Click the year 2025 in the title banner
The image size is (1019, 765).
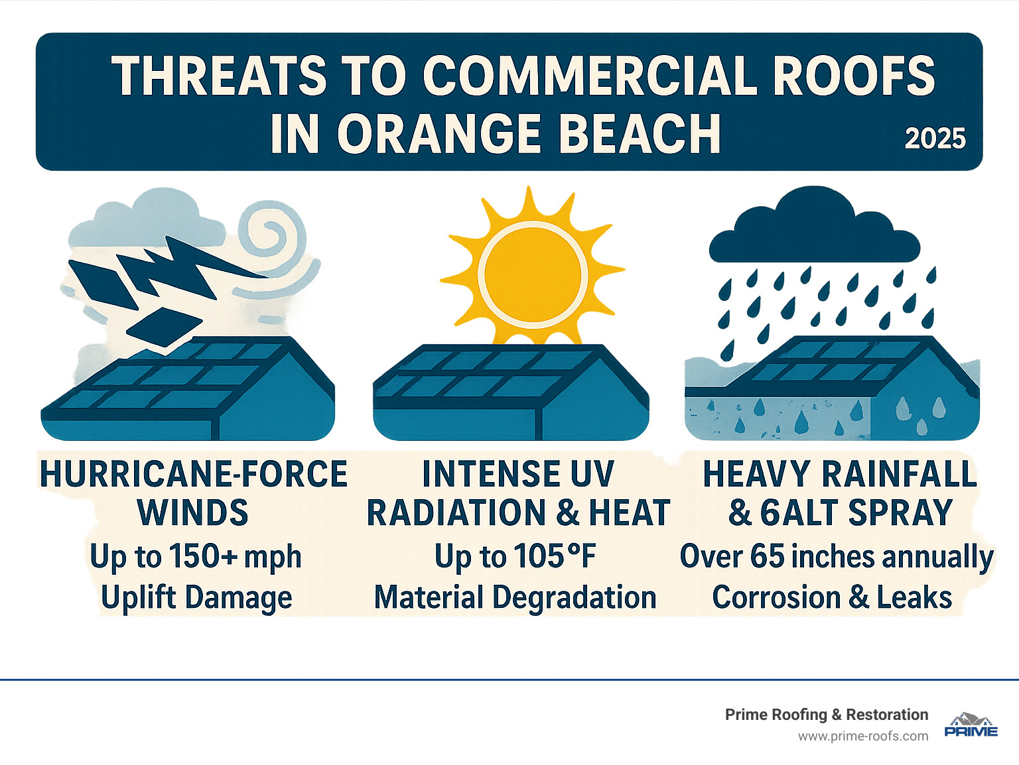[935, 139]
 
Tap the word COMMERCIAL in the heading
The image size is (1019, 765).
[591, 75]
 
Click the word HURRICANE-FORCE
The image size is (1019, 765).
[193, 474]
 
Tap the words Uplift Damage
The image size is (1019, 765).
[196, 597]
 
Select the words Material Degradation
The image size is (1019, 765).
[515, 597]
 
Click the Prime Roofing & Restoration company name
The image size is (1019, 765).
[826, 715]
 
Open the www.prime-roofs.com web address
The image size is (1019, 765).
[862, 736]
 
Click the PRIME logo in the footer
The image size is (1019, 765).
[971, 726]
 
